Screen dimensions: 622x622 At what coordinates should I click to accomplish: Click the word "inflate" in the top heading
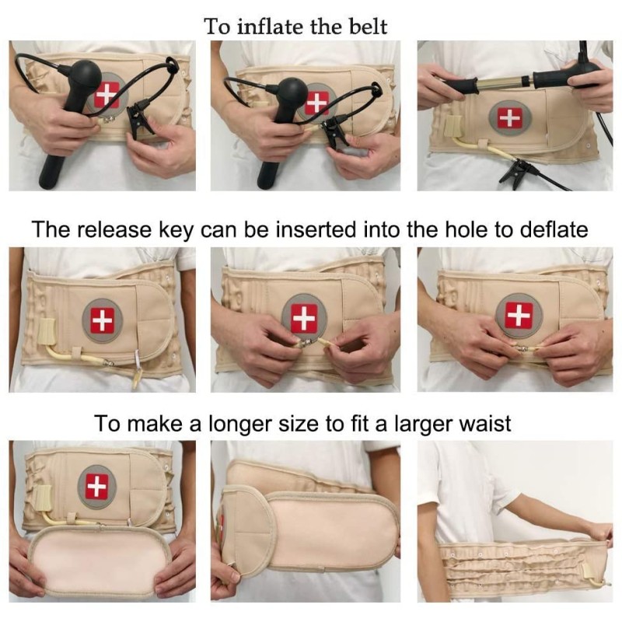pyautogui.click(x=273, y=26)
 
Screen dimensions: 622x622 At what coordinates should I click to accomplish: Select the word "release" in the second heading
pyautogui.click(x=114, y=229)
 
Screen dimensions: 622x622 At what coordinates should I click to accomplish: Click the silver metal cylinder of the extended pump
pyautogui.click(x=503, y=83)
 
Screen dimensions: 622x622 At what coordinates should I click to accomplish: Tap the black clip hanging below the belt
pyautogui.click(x=515, y=174)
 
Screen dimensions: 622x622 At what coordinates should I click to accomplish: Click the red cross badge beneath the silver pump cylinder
pyautogui.click(x=510, y=118)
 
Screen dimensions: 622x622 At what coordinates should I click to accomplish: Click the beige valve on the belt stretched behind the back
pyautogui.click(x=589, y=572)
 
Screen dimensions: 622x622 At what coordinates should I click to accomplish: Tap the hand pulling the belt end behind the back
pyautogui.click(x=601, y=532)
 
